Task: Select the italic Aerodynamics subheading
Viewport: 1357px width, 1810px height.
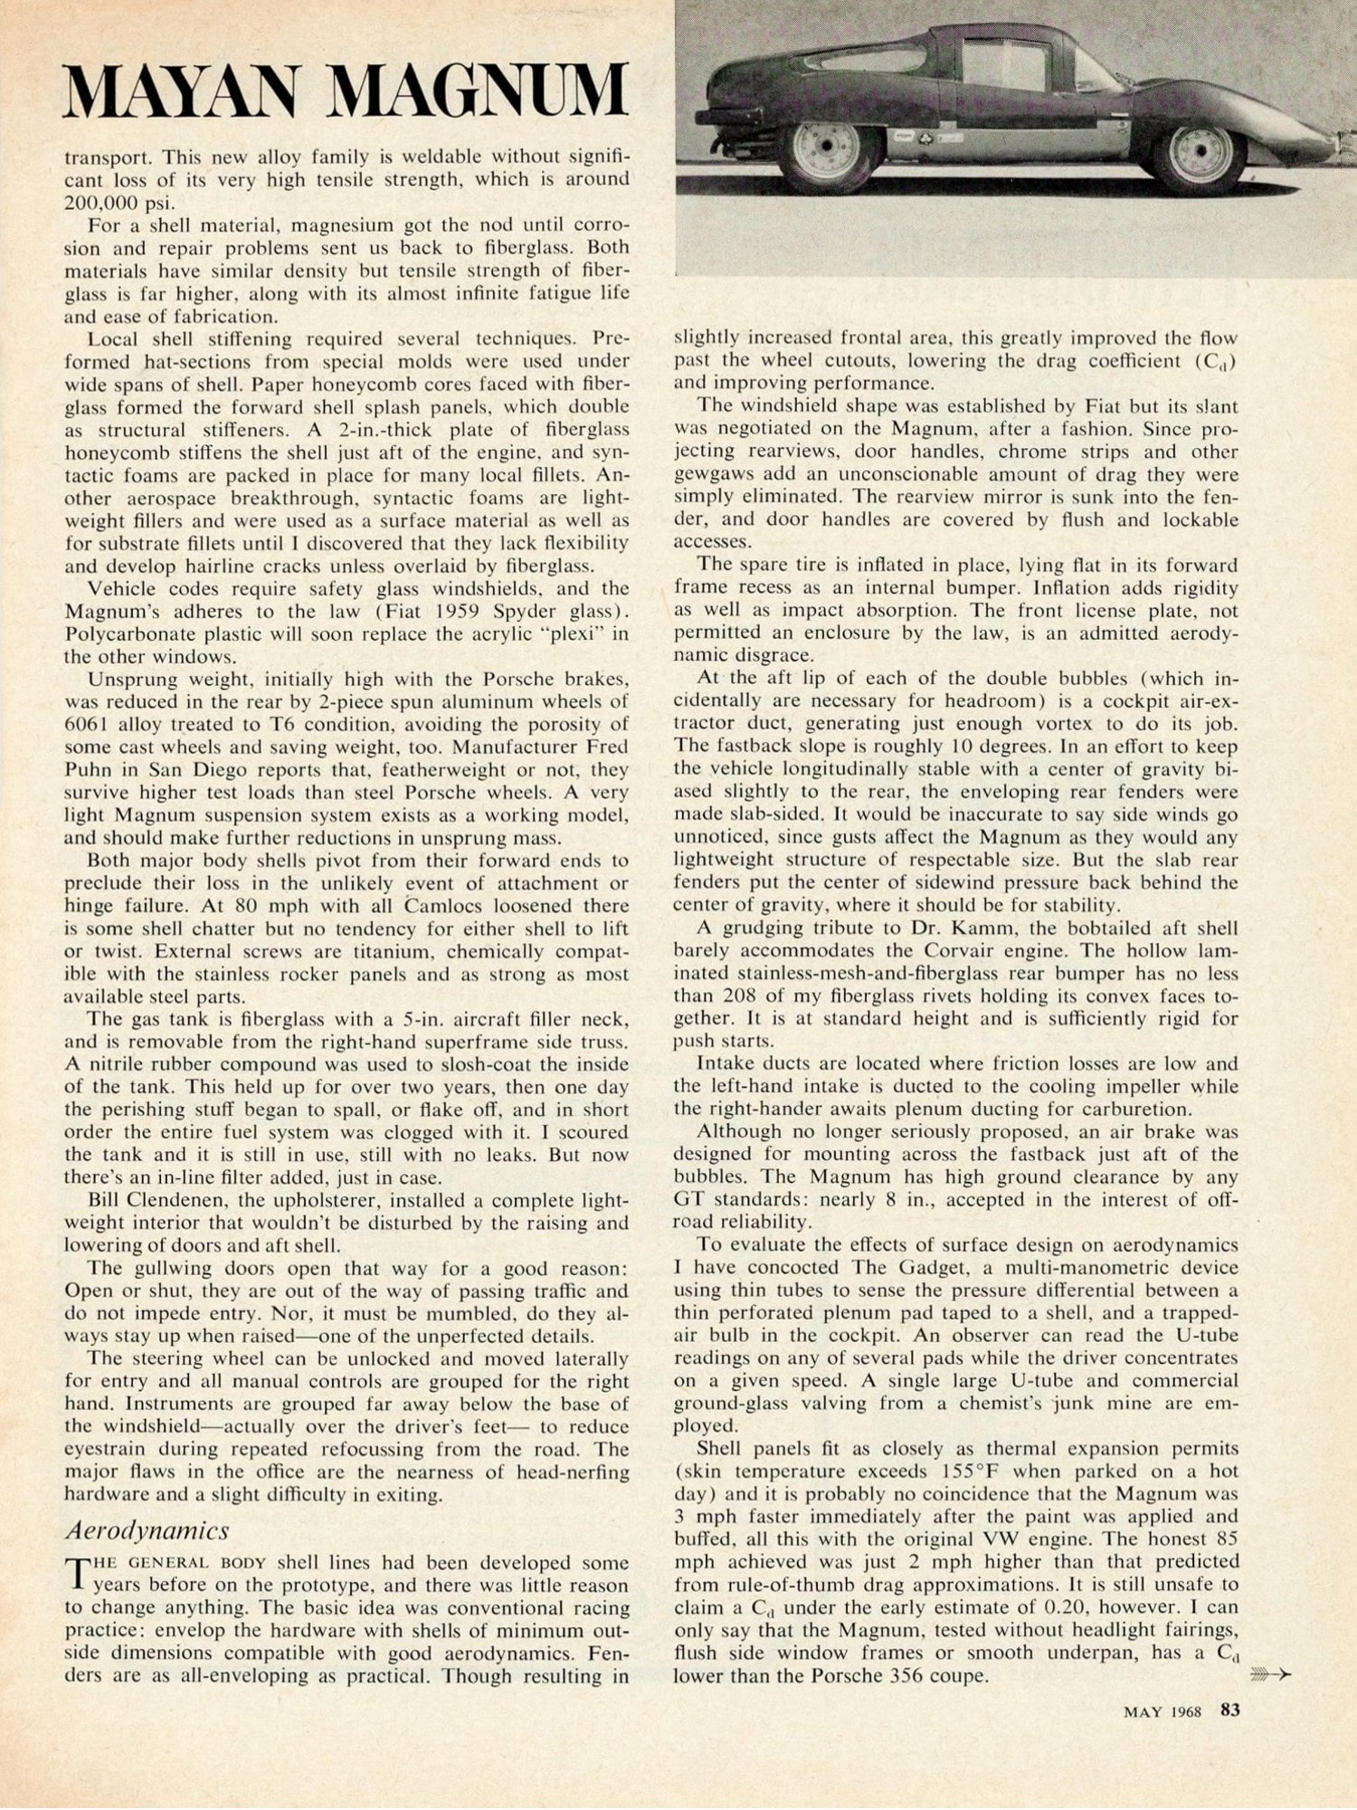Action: [x=147, y=1530]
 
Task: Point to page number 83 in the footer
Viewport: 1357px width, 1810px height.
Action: [x=1229, y=1710]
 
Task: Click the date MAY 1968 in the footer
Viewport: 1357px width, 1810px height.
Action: [x=1162, y=1711]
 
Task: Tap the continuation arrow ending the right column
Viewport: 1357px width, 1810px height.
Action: [x=1270, y=1676]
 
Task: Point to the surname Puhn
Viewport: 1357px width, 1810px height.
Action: [x=89, y=770]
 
